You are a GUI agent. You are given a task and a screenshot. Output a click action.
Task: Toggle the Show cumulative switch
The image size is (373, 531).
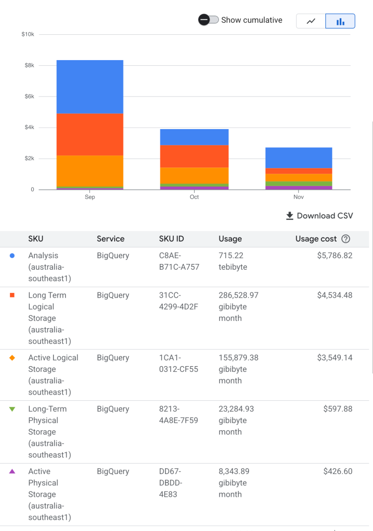pos(208,20)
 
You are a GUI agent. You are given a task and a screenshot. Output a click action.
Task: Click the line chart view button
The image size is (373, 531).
pos(311,21)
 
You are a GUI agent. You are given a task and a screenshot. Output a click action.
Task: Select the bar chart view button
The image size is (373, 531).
pos(340,21)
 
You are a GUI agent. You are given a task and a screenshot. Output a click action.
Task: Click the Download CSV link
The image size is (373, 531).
pos(319,216)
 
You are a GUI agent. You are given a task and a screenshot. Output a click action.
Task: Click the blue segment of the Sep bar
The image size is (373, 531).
pos(90,87)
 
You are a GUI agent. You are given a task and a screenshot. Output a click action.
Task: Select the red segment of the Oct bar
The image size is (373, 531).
pos(194,156)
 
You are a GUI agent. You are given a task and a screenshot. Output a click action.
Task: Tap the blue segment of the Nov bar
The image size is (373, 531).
pos(298,158)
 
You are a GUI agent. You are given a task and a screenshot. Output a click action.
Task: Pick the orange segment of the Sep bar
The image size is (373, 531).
pos(90,171)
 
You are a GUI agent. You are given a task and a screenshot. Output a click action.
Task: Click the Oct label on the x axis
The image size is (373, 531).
pos(194,197)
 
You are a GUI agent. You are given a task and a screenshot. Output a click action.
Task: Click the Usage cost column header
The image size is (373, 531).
pos(316,239)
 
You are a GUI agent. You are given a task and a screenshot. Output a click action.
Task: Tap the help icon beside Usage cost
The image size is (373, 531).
pos(346,239)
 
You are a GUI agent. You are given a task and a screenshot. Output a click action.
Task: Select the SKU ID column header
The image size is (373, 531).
pos(171,239)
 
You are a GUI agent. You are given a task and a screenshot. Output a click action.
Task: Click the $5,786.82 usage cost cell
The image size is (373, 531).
pos(335,256)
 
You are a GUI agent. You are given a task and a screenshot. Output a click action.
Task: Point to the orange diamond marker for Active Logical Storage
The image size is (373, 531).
pos(12,358)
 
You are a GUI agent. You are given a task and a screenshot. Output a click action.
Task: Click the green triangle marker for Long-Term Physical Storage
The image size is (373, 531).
pos(12,409)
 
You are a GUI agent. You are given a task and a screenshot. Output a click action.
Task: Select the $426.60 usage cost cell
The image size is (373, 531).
pos(337,471)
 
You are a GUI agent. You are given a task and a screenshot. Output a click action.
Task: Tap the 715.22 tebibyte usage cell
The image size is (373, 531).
pos(233,261)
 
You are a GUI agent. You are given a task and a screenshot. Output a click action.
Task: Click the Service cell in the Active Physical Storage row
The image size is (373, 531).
pos(113,471)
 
